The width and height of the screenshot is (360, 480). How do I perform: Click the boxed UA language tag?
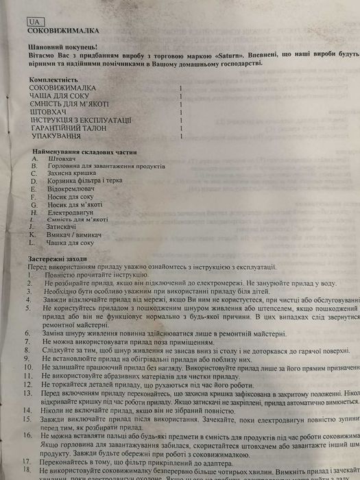click(34, 22)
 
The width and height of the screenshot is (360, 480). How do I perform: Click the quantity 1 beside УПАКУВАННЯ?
click(180, 137)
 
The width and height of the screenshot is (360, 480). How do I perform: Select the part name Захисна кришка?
click(71, 174)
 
